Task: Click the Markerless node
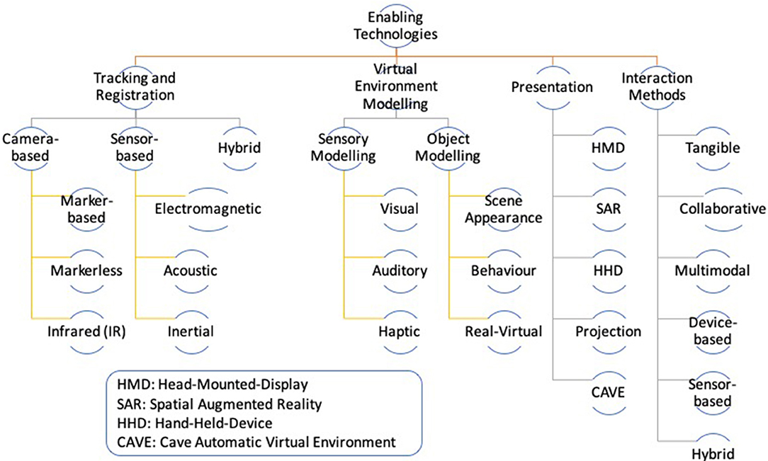pos(87,270)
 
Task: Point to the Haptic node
pos(400,331)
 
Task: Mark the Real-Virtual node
pos(503,331)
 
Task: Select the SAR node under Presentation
pos(608,209)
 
